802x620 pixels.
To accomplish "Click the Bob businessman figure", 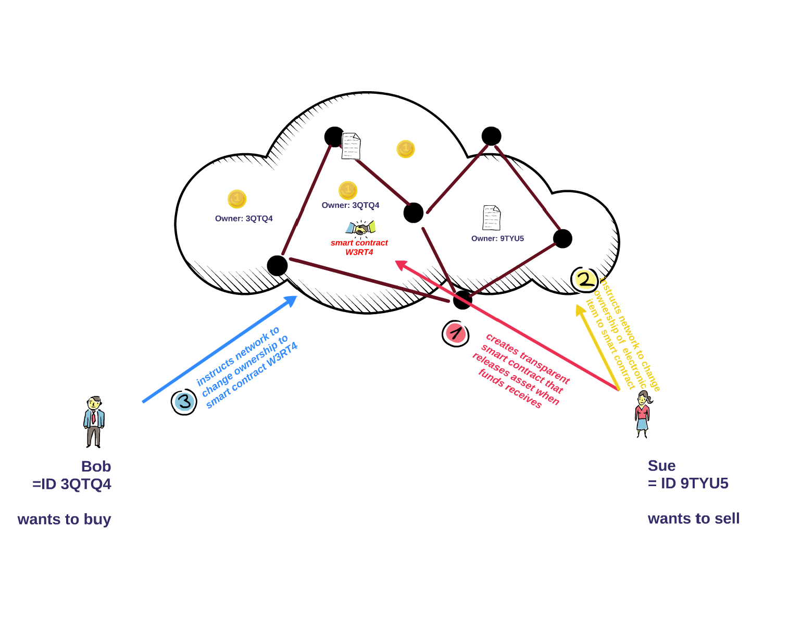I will [94, 421].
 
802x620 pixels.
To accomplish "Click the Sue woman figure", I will [643, 414].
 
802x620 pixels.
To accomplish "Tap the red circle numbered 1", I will [455, 333].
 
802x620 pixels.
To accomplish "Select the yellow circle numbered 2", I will [584, 280].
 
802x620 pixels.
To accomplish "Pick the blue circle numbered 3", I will [184, 402].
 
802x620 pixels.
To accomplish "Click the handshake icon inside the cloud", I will [360, 228].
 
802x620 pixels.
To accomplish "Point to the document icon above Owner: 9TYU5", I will [491, 218].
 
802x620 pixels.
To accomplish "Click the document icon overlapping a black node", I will [351, 146].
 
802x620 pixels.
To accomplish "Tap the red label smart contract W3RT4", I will [359, 247].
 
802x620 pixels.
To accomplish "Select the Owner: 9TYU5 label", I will [497, 239].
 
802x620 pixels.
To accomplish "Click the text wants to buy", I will [64, 519].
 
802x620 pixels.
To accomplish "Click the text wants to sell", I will [694, 519].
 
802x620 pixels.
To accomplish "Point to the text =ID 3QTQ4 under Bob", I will [72, 484].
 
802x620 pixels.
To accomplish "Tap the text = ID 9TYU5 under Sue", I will [688, 483].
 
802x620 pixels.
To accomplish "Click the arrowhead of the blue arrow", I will [293, 299].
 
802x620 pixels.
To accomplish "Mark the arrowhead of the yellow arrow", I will [579, 309].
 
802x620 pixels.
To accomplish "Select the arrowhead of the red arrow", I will [400, 264].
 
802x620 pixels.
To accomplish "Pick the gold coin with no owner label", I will [406, 149].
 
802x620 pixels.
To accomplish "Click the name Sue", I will [661, 466].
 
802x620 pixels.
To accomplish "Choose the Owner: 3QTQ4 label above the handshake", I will [350, 205].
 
